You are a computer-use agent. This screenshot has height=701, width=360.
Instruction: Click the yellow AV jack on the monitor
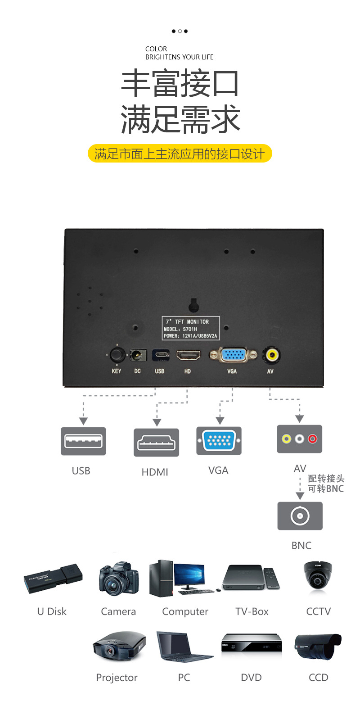[x=271, y=355]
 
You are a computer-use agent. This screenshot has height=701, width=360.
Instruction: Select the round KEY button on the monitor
[x=117, y=355]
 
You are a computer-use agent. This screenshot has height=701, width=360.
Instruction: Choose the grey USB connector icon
[x=83, y=441]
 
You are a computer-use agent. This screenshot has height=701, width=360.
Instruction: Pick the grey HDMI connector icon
[x=156, y=442]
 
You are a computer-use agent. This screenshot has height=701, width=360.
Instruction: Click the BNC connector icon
[x=300, y=516]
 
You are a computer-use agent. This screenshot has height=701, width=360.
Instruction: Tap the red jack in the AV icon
[x=312, y=438]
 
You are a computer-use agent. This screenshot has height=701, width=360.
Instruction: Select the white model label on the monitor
[x=191, y=328]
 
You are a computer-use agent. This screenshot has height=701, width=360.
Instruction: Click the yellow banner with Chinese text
[x=180, y=154]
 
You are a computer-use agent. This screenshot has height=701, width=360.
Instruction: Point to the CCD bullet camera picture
[x=318, y=647]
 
